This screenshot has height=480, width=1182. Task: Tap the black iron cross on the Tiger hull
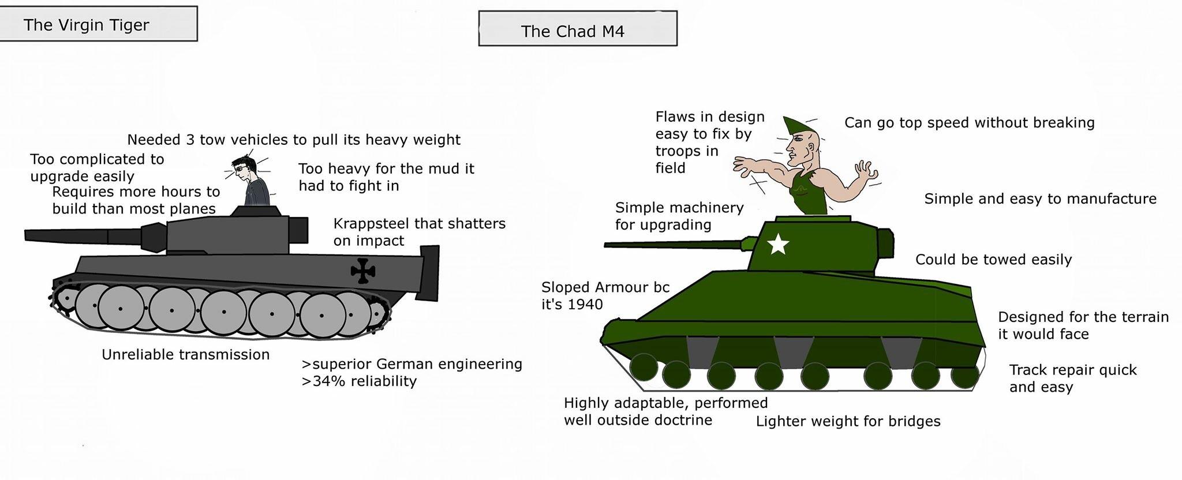tap(363, 271)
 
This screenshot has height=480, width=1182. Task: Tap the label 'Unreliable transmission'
tap(185, 354)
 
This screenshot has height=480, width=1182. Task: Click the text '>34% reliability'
tap(359, 381)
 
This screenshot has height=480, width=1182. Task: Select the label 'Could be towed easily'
tap(993, 260)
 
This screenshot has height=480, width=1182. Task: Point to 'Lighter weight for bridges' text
tap(848, 422)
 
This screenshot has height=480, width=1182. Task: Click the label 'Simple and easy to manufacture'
tap(1040, 199)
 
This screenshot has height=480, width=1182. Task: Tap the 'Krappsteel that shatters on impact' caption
tap(419, 232)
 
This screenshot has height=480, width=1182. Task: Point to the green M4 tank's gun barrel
tap(675, 245)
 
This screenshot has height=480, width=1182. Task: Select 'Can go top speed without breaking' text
tap(969, 123)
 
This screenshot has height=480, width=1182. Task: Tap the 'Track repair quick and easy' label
tap(1072, 378)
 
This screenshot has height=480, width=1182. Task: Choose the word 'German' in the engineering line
tap(402, 364)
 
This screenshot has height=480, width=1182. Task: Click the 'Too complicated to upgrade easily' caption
tap(97, 167)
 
